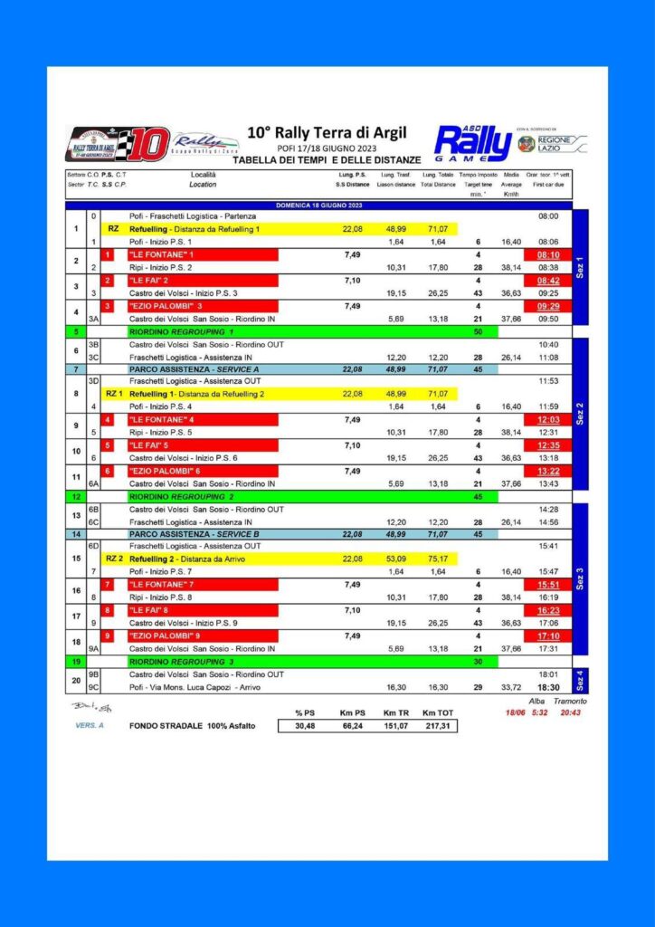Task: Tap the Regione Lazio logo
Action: (552, 143)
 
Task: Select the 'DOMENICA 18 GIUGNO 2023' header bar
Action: (318, 205)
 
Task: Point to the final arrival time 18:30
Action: (548, 687)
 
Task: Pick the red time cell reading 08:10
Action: (548, 255)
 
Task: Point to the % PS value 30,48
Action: (304, 726)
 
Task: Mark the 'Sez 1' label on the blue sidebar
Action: (580, 267)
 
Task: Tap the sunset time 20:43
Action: (572, 713)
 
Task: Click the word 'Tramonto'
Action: (570, 702)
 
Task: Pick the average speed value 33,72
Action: (511, 687)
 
